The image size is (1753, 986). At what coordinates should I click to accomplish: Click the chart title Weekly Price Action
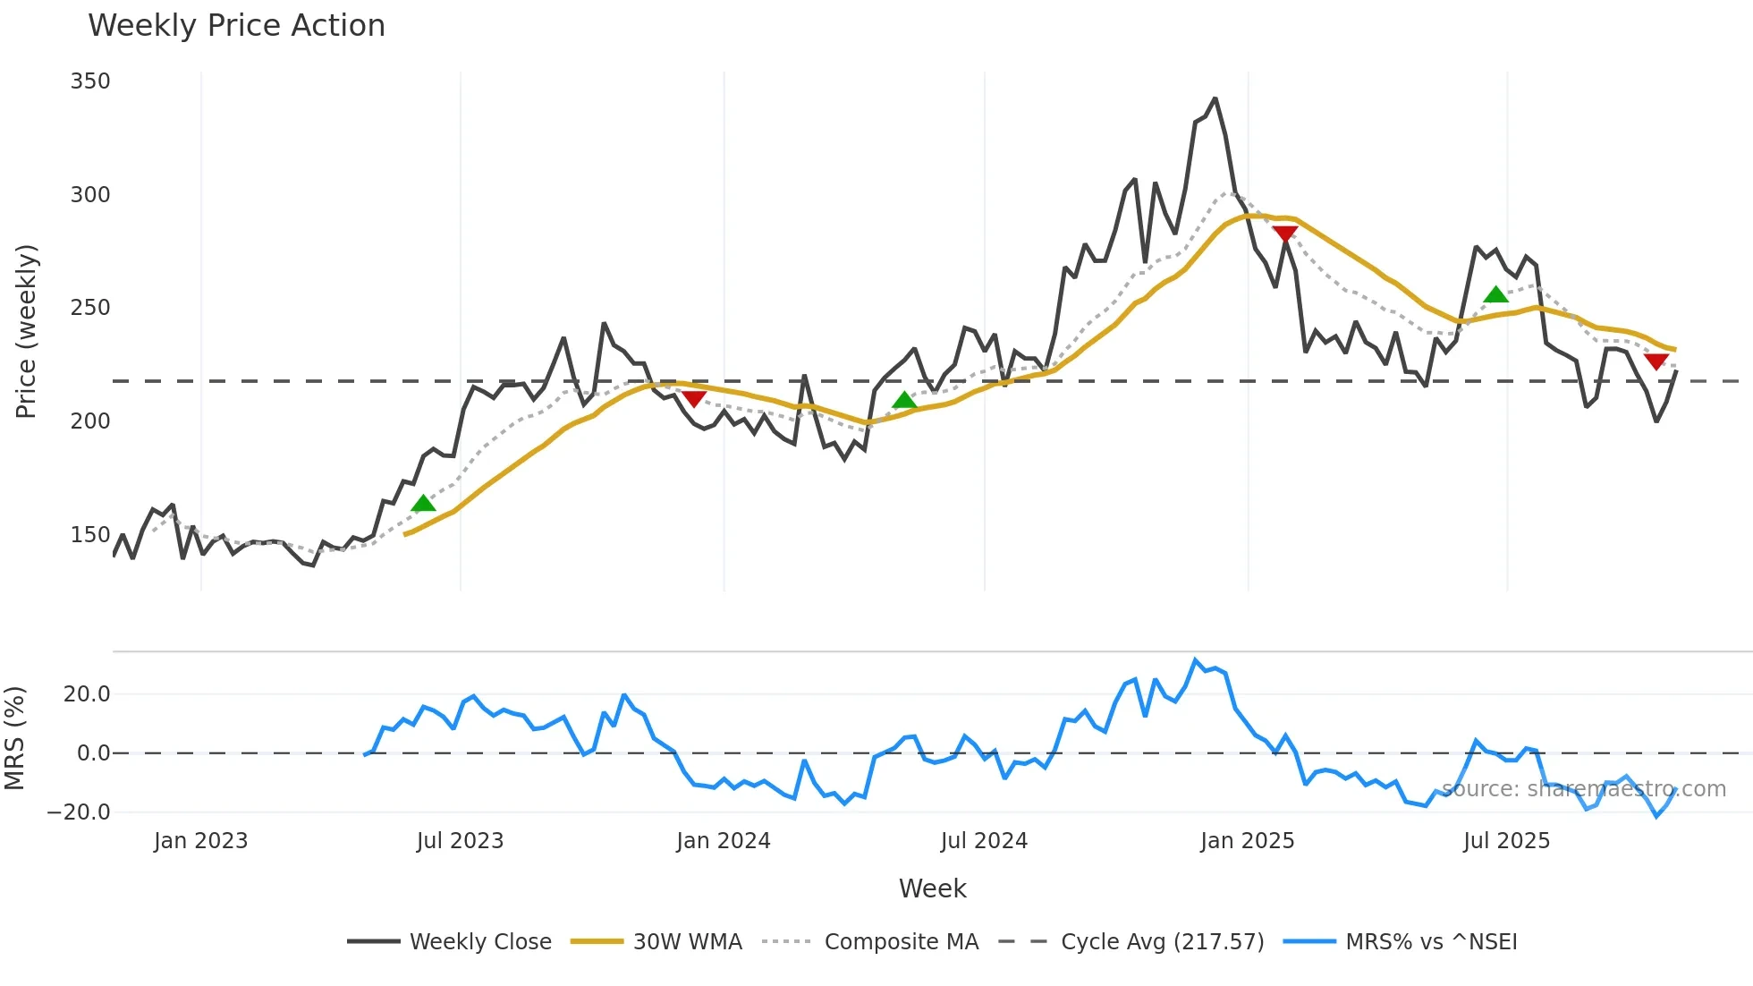236,26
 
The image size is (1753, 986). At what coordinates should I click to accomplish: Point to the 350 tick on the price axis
90,81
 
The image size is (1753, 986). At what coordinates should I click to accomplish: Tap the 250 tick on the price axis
90,308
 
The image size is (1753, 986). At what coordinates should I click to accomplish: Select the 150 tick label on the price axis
90,535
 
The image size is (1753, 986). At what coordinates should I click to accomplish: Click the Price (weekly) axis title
26,331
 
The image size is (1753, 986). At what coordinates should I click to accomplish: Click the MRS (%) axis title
14,738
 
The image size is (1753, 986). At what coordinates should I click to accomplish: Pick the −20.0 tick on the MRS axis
79,812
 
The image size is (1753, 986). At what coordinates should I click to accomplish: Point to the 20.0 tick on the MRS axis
87,694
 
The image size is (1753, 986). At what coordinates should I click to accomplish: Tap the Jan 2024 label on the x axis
723,841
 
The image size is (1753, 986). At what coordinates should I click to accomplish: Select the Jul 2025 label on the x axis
1506,841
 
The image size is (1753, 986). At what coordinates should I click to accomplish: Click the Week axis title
932,888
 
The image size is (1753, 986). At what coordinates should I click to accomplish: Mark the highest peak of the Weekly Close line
1215,98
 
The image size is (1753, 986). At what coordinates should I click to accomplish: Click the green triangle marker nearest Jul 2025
1495,295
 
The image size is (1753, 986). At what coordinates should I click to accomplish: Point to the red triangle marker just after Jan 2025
1285,234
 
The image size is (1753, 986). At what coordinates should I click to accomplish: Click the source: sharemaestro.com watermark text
1583,789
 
